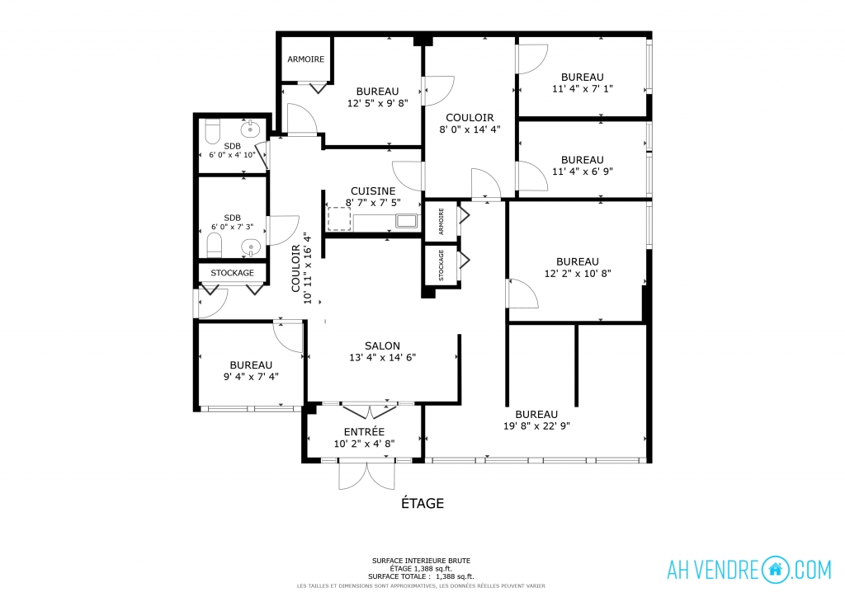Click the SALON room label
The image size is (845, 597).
[x=382, y=346]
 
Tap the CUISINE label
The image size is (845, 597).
[x=373, y=191]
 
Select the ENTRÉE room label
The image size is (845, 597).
[x=364, y=432]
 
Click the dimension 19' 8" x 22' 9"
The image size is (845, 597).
[x=536, y=425]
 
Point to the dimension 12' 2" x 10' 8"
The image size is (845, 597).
[x=578, y=274]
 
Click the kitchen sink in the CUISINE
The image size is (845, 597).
[x=407, y=221]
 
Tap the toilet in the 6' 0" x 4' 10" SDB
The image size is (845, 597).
[x=213, y=132]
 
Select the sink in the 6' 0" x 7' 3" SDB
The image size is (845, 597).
[x=251, y=247]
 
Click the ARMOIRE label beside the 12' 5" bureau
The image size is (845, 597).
[x=305, y=59]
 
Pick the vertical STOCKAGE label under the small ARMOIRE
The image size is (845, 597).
[x=441, y=265]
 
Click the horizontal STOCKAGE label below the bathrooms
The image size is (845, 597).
[x=232, y=273]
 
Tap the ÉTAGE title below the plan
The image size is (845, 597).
[x=422, y=503]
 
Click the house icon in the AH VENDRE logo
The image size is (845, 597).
[x=776, y=570]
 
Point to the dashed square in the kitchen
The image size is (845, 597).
[x=339, y=219]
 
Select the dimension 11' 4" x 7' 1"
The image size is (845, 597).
[x=583, y=89]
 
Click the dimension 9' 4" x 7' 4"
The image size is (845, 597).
[x=251, y=377]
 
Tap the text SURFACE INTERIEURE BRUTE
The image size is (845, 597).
[x=421, y=561]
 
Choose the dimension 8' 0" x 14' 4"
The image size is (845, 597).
[x=470, y=129]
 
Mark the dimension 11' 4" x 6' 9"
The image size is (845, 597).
[x=583, y=172]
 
